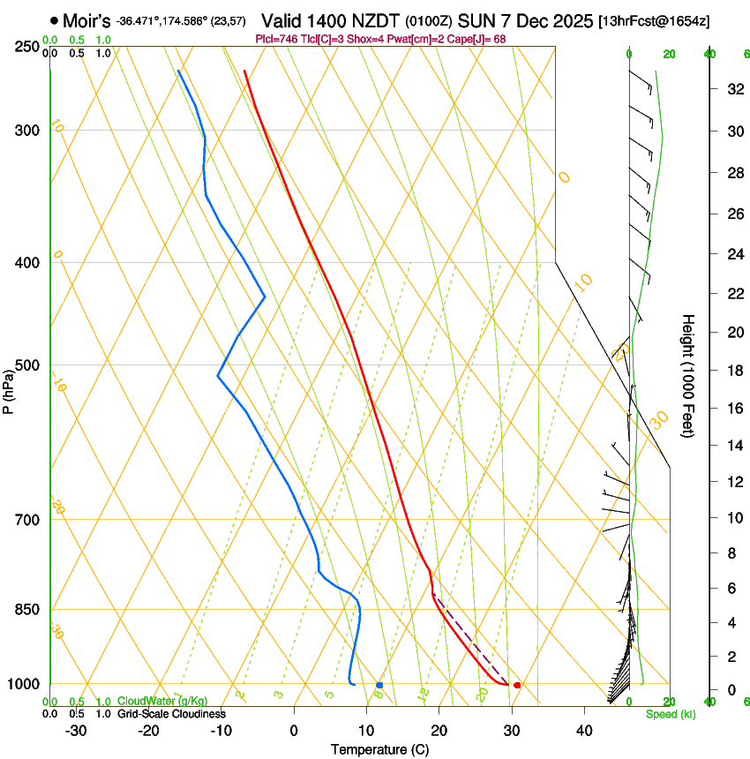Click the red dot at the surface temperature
517,685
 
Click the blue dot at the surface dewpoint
379,685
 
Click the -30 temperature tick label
76,731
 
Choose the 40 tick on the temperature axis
584,731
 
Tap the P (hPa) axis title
9,389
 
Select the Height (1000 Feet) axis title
689,375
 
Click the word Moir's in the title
86,19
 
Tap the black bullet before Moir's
55,19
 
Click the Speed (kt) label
670,714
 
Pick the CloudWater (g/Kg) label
164,702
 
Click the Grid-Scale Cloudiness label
171,713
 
